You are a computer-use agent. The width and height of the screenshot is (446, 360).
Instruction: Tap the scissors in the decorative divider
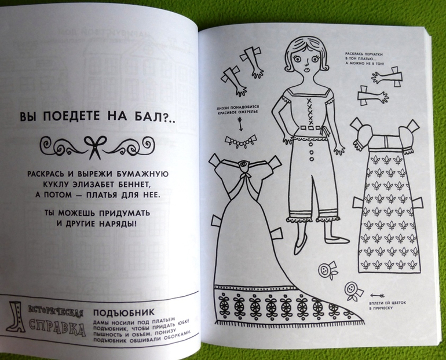click(95, 147)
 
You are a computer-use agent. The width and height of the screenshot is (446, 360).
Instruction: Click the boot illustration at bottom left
click(16, 317)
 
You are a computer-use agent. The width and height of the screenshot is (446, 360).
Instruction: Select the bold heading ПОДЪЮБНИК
click(124, 313)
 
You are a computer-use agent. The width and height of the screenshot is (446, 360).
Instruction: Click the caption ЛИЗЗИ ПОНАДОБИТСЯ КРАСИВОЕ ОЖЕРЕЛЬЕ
click(237, 109)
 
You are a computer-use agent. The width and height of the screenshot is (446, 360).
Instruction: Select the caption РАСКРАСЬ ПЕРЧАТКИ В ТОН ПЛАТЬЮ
click(365, 58)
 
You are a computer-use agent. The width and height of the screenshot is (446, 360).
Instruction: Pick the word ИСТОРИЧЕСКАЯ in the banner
click(56, 311)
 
